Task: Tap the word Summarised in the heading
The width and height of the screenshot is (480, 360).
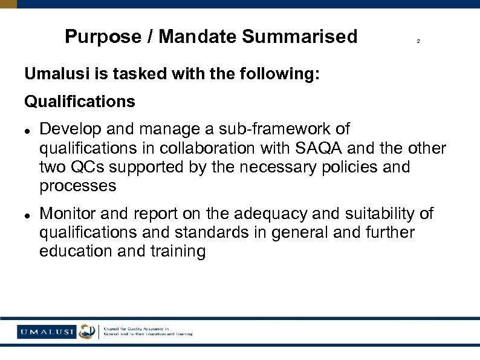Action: tap(300, 37)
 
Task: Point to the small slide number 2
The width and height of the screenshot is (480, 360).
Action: tap(418, 42)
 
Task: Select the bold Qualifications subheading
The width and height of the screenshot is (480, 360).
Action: tap(80, 101)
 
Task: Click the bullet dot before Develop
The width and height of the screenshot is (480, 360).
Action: tap(28, 129)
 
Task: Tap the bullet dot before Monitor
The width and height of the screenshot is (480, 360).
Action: tap(28, 214)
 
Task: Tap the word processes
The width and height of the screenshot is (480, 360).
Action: tap(77, 186)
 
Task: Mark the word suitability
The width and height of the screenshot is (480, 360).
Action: tap(377, 213)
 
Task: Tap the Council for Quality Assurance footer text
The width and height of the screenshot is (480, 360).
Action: tap(148, 331)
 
